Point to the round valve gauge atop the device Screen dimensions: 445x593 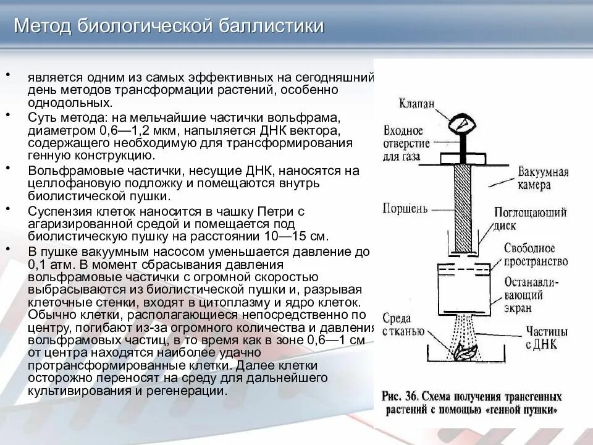click(x=464, y=124)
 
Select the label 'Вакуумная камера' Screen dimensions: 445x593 click(x=542, y=176)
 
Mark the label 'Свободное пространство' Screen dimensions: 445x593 click(x=535, y=254)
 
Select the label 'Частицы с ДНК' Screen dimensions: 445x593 click(x=541, y=337)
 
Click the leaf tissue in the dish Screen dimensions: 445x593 click(x=463, y=354)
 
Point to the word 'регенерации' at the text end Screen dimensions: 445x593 click(x=191, y=391)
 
